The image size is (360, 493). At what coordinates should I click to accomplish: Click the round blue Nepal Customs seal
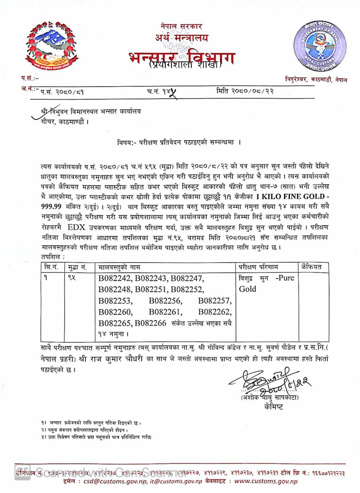(320, 46)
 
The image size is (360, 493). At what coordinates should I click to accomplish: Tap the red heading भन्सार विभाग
(182, 57)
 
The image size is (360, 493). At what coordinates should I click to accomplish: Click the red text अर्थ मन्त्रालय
(182, 38)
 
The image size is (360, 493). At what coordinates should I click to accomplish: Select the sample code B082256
(165, 301)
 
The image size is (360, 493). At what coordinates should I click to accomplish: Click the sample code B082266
(150, 323)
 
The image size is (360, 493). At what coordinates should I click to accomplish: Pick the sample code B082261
(165, 312)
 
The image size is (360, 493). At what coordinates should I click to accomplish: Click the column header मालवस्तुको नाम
(119, 267)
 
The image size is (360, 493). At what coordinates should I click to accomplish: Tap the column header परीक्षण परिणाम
(259, 267)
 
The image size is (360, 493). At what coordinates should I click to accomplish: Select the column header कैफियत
(311, 267)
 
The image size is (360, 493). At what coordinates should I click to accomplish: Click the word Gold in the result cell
(247, 289)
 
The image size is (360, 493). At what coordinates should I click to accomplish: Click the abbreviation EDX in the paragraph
(77, 228)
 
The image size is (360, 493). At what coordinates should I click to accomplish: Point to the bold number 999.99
(51, 206)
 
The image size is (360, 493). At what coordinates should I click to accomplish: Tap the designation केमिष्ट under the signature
(274, 407)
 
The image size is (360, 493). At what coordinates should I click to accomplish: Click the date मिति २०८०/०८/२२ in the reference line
(245, 91)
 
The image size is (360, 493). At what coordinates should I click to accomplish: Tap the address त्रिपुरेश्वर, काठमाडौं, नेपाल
(316, 80)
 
